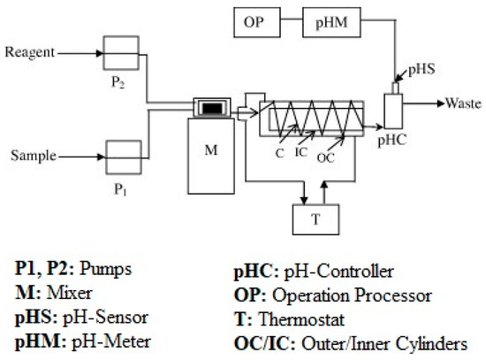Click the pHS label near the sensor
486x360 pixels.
pos(417,67)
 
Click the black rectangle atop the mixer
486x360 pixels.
pos(211,108)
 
